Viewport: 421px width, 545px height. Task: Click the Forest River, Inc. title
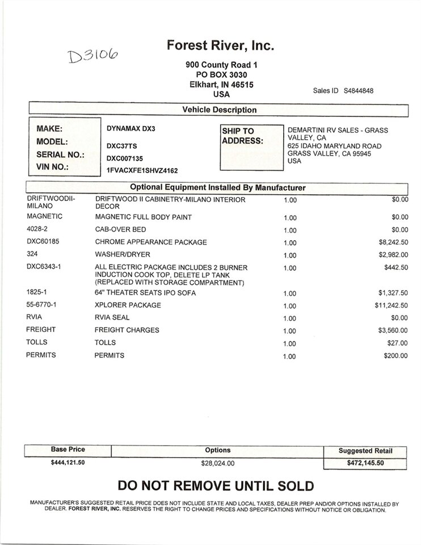click(221, 46)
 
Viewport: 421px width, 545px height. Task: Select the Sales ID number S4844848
click(359, 91)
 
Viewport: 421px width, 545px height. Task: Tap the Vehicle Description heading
click(219, 110)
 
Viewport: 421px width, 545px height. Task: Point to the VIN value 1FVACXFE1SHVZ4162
click(142, 170)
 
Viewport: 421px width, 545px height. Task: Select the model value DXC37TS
click(121, 145)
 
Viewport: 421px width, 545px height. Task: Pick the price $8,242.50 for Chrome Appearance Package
click(392, 242)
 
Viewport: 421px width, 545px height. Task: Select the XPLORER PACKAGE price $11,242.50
click(390, 305)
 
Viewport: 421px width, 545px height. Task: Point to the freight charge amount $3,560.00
click(392, 330)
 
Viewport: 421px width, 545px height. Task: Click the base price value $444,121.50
click(68, 463)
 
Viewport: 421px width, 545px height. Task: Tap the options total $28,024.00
click(218, 463)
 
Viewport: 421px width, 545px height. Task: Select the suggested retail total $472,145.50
click(365, 463)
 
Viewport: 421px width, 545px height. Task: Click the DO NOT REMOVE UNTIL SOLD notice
click(215, 486)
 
